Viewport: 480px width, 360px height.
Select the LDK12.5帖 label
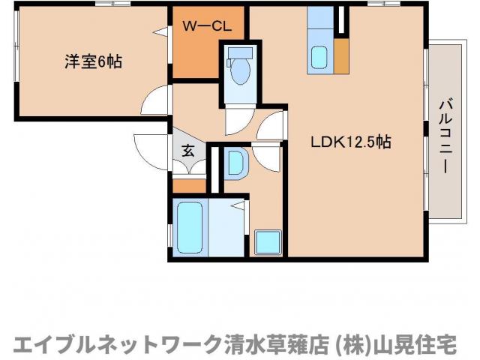coord(351,141)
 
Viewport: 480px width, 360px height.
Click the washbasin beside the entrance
coord(235,163)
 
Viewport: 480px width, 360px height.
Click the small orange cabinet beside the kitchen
coord(342,55)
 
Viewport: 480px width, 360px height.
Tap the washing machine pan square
coord(267,241)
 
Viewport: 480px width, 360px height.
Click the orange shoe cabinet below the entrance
coord(189,184)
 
